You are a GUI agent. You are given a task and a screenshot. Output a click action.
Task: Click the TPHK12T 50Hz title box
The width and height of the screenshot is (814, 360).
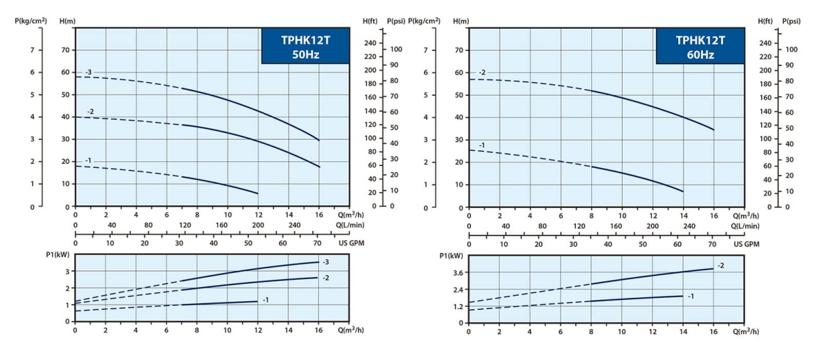click(305, 47)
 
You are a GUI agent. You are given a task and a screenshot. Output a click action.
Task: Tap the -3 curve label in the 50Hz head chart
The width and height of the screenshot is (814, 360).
click(88, 72)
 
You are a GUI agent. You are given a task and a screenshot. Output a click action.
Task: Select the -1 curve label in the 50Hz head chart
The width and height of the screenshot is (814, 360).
click(88, 161)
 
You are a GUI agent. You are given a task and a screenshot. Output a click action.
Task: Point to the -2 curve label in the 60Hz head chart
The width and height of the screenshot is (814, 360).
click(482, 72)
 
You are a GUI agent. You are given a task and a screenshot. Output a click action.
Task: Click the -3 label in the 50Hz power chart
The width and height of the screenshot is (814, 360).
click(326, 262)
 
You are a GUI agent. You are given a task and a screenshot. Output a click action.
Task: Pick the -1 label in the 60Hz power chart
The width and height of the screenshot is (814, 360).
click(691, 295)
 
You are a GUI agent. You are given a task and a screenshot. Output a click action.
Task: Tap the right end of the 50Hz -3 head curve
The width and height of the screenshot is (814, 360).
click(319, 140)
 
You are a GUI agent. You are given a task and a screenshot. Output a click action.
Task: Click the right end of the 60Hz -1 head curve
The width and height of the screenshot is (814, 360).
click(683, 191)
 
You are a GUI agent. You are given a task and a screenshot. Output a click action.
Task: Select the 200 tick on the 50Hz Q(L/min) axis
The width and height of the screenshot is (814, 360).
click(258, 226)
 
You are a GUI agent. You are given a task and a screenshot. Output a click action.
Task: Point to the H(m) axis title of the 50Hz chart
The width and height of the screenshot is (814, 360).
click(67, 21)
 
